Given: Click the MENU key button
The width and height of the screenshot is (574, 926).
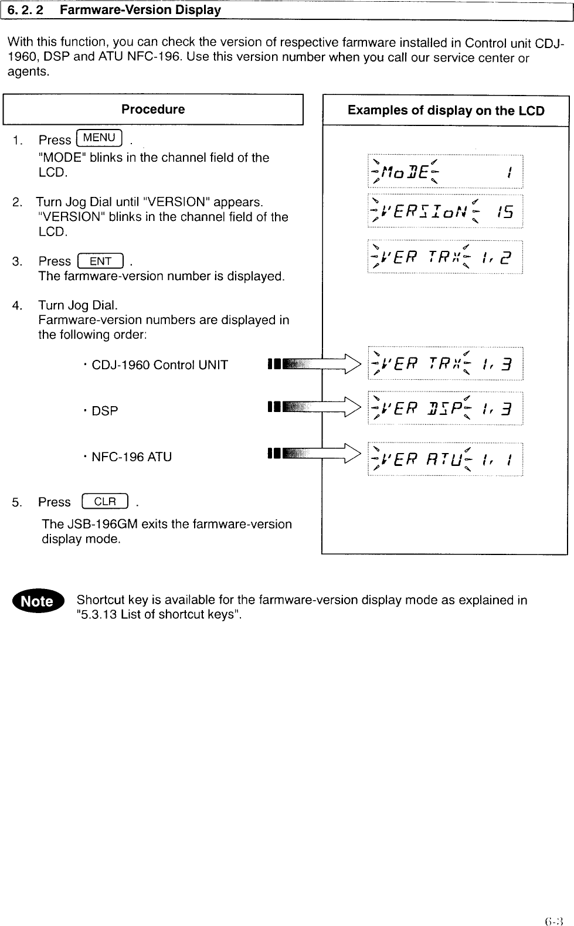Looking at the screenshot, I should coord(99,138).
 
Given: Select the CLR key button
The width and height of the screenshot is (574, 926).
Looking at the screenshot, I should coord(106,502).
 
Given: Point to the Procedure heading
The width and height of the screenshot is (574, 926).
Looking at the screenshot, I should coord(153,110).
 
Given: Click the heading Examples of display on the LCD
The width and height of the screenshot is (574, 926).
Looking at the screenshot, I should coord(446,111).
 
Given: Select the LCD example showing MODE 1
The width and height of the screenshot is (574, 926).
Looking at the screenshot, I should coord(445,171).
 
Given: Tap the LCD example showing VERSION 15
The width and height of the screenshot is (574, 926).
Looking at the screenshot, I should coord(445,211).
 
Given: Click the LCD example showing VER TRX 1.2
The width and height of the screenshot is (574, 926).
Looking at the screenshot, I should coord(445,257).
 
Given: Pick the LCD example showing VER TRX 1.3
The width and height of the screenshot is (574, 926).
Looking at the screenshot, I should coord(445,364).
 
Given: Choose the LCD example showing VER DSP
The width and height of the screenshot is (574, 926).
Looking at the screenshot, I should coord(445,408).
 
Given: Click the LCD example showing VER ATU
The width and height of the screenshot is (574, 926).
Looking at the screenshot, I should coord(445,459).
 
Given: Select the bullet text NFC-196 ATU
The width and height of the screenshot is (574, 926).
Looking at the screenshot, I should coord(131,457).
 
